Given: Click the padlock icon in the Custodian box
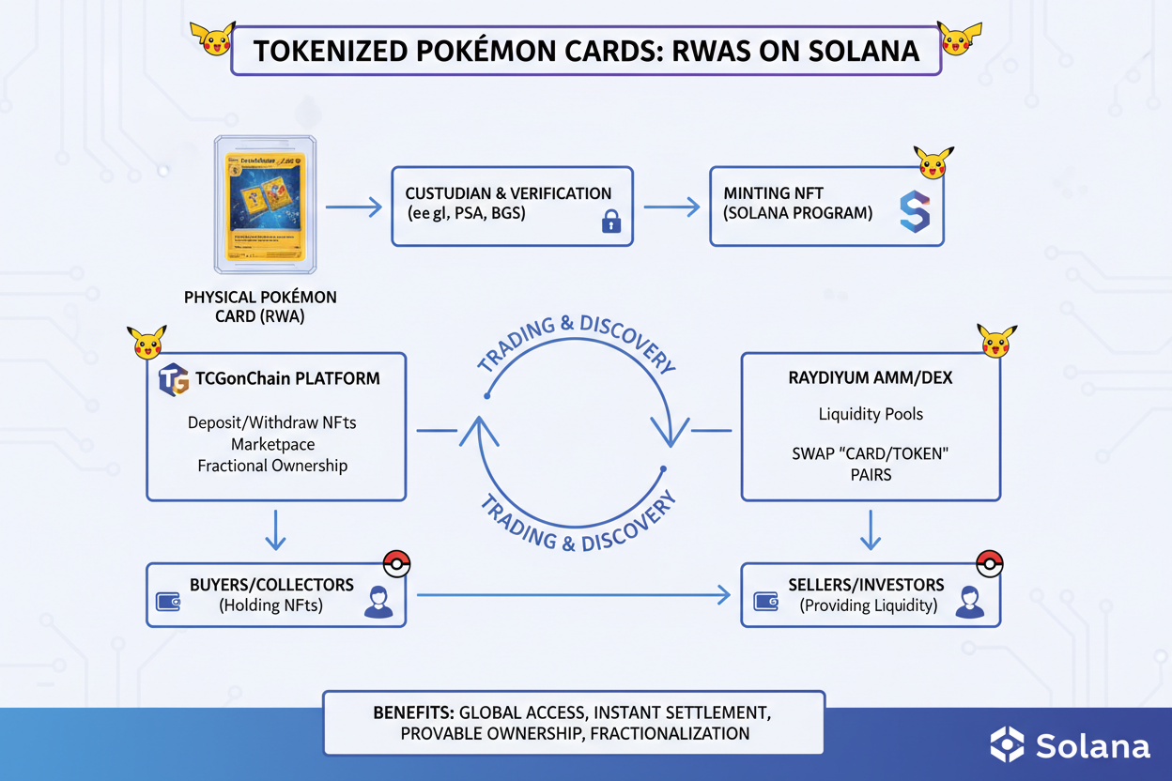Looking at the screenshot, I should (611, 222).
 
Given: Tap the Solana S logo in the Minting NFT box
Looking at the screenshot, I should (914, 211).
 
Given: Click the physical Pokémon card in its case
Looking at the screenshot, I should (265, 206).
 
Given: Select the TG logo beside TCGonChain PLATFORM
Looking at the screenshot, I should (174, 379).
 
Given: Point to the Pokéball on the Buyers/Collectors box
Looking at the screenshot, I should (397, 564).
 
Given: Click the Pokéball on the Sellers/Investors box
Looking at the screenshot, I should (990, 563).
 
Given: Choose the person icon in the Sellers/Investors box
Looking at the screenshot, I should (969, 603).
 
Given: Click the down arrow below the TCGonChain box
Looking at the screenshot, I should (275, 530).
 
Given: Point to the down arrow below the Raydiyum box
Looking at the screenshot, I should (871, 530).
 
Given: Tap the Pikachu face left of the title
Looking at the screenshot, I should (212, 38).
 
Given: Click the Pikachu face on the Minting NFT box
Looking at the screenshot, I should (933, 162).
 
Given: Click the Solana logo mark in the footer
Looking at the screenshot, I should (1008, 744).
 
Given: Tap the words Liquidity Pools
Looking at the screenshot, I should (871, 414).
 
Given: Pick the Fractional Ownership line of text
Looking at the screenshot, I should (272, 466).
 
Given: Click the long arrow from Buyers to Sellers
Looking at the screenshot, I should (573, 594).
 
